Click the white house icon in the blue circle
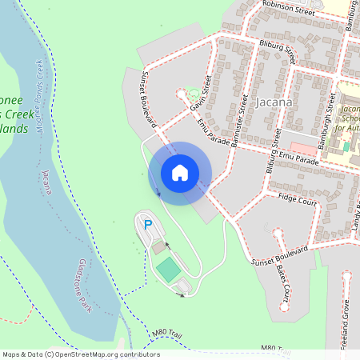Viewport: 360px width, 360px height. pyautogui.click(x=180, y=173)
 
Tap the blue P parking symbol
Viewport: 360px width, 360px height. pyautogui.click(x=147, y=226)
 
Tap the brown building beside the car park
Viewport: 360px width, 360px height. pyautogui.click(x=158, y=247)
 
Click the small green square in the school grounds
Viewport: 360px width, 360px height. pyautogui.click(x=346, y=146)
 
